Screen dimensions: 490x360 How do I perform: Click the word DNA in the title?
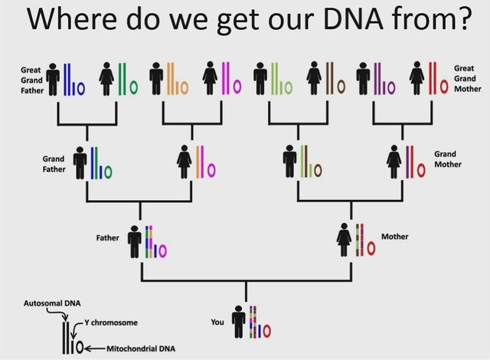pyautogui.click(x=354, y=18)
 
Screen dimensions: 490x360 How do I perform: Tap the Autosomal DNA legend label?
pyautogui.click(x=52, y=303)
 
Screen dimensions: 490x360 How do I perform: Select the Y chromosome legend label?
pyautogui.click(x=111, y=322)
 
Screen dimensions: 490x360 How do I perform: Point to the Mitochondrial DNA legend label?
pyautogui.click(x=141, y=349)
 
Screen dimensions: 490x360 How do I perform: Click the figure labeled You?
pyautogui.click(x=239, y=322)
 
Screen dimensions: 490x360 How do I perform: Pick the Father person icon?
pyautogui.click(x=135, y=241)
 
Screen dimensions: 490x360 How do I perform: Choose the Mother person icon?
pyautogui.click(x=344, y=240)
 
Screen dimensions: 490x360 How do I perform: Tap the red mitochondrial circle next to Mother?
pyautogui.click(x=371, y=248)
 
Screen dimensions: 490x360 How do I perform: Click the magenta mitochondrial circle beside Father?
pyautogui.click(x=162, y=250)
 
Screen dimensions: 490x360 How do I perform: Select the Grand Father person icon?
pyautogui.click(x=80, y=163)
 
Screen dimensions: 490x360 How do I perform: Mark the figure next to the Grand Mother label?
pyautogui.click(x=394, y=162)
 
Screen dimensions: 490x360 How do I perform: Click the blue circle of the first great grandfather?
pyautogui.click(x=81, y=88)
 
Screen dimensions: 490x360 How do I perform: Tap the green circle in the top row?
pyautogui.click(x=134, y=88)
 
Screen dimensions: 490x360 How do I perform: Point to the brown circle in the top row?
pyautogui.click(x=341, y=87)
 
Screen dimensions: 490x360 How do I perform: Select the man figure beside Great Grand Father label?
pyautogui.click(x=53, y=80)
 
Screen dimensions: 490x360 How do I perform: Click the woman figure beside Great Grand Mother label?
pyautogui.click(x=416, y=78)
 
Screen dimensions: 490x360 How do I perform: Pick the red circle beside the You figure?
pyautogui.click(x=266, y=331)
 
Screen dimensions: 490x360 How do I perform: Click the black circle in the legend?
pyautogui.click(x=80, y=347)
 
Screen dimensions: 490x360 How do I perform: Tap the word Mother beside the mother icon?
pyautogui.click(x=395, y=237)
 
